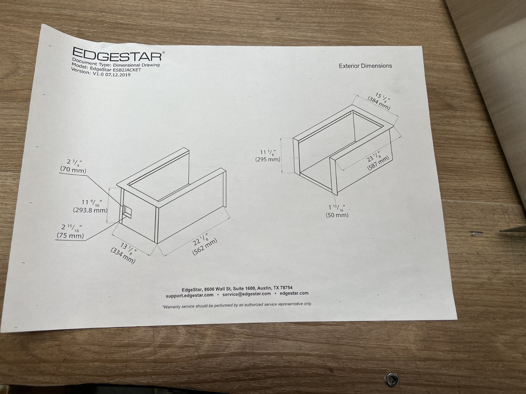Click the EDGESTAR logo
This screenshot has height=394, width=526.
[x=118, y=54]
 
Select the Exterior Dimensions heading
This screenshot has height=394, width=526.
[x=366, y=66]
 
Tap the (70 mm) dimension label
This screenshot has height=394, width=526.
[x=73, y=170]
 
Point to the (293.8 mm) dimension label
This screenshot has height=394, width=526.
[x=90, y=211]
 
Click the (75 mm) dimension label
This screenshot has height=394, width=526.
[x=70, y=236]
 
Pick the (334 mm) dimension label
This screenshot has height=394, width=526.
[x=123, y=255]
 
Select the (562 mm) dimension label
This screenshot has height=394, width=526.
[x=205, y=247]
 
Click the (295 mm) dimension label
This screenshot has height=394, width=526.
[x=268, y=160]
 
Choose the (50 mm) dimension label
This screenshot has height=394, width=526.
[x=337, y=215]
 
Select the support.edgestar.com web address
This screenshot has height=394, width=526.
[x=189, y=295]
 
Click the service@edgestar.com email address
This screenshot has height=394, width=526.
[x=247, y=294]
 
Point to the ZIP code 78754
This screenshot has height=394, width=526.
[x=286, y=287]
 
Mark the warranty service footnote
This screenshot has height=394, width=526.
[x=237, y=305]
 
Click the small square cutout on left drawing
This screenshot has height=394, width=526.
[x=127, y=210]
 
